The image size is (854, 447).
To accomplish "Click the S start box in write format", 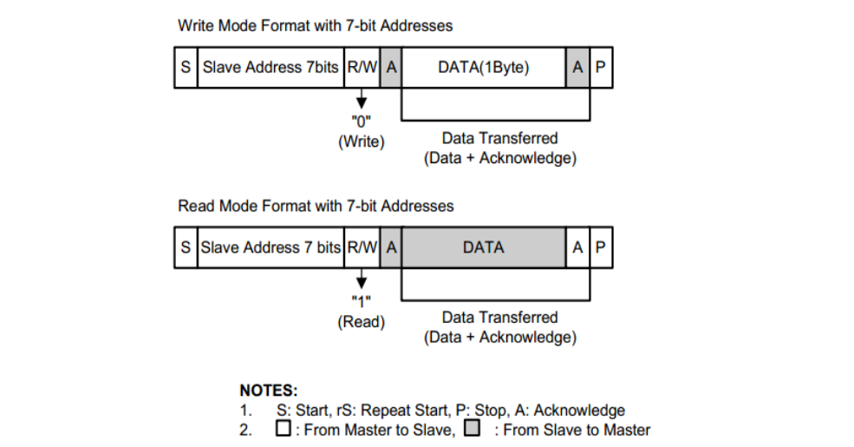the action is tap(186, 67).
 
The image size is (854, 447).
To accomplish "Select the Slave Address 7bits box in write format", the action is tap(271, 67).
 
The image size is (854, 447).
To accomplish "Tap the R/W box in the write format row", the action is tap(362, 67).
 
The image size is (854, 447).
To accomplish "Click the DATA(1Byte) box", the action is tap(484, 67).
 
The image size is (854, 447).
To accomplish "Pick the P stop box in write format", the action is tap(601, 67).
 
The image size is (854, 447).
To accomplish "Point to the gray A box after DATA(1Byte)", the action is tap(578, 67).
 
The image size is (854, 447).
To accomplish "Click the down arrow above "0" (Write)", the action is tap(361, 98).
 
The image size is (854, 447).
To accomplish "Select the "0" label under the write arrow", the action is tap(361, 121).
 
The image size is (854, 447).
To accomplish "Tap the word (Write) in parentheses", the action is tap(361, 141).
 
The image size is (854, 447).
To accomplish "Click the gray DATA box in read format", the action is tap(484, 247).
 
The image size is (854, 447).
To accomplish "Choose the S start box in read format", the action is tap(186, 247).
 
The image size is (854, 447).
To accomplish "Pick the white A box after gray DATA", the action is tap(578, 247).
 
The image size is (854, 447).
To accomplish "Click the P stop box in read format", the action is tap(601, 247).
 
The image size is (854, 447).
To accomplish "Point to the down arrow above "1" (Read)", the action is tap(361, 279).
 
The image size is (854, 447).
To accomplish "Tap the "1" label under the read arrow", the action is tap(361, 301).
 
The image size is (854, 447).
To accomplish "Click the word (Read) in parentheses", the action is tap(361, 322).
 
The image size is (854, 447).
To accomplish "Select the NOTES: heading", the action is tap(269, 391).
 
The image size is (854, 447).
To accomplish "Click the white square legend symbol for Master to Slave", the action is tap(284, 428).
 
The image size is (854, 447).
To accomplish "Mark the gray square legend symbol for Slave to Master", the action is tap(473, 428).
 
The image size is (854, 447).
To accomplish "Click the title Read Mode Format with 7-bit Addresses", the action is tap(316, 206).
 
